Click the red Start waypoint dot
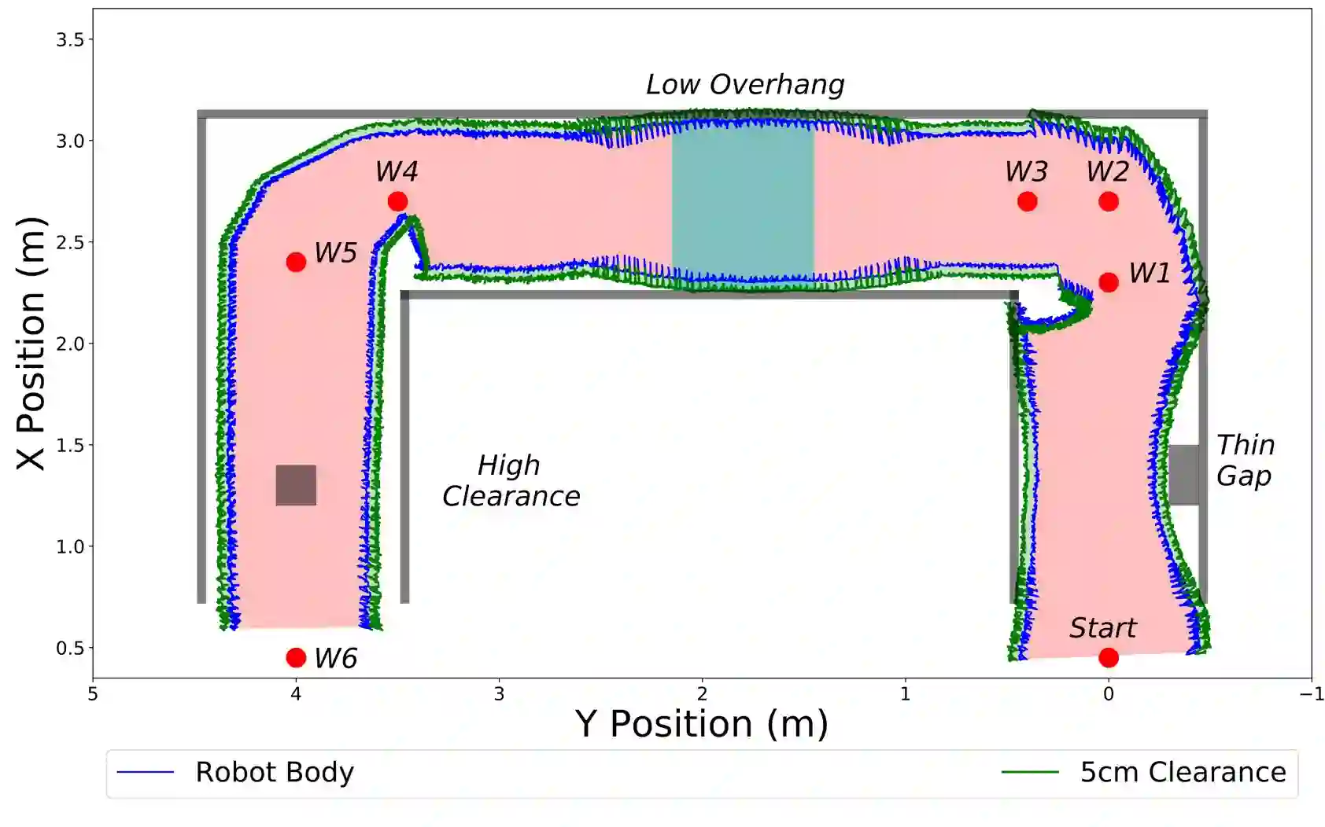(1108, 657)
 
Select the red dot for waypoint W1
(1108, 282)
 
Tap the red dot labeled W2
(1108, 202)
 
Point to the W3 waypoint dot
(1027, 202)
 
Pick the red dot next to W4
(397, 202)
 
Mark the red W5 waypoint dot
(296, 262)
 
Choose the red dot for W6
(296, 657)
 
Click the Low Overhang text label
(744, 85)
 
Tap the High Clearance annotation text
(511, 481)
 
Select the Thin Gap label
(1244, 461)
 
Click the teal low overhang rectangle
(742, 200)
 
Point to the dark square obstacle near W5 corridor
(296, 485)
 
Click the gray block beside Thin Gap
(1183, 475)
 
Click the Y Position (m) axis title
(701, 723)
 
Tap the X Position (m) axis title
(31, 344)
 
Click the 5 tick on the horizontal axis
(93, 694)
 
